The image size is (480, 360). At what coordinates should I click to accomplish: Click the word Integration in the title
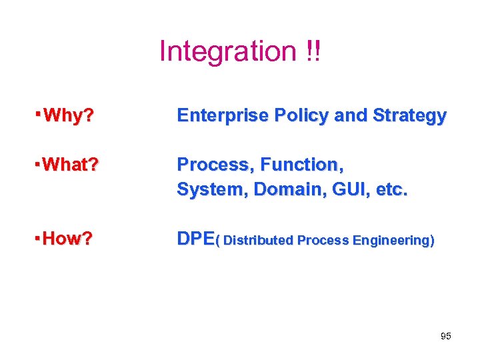click(x=227, y=51)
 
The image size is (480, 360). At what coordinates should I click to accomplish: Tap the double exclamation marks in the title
click(x=312, y=51)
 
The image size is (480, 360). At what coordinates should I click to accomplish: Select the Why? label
click(x=68, y=117)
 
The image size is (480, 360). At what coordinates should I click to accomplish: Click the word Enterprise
click(x=215, y=116)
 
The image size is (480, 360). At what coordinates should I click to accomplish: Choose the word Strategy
click(x=409, y=117)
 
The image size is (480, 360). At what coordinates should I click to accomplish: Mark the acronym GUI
click(x=339, y=189)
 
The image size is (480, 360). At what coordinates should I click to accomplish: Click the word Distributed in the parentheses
click(x=259, y=241)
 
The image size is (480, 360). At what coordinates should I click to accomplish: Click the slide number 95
click(x=446, y=336)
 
